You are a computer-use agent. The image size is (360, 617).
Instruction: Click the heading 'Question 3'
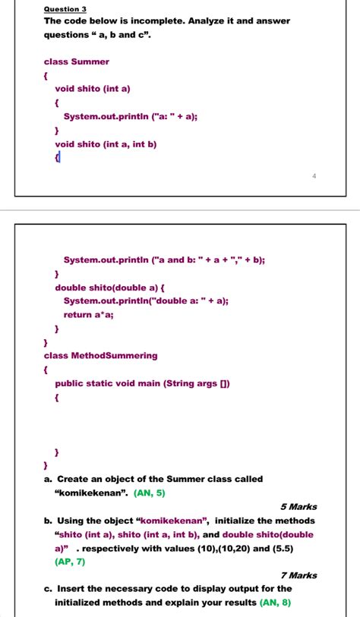pos(66,8)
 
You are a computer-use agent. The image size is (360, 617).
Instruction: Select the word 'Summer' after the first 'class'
pos(90,61)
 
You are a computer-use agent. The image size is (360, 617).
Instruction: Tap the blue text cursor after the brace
pos(59,157)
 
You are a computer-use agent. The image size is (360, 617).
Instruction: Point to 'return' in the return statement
pos(78,314)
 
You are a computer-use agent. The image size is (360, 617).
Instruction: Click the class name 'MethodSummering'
pos(115,355)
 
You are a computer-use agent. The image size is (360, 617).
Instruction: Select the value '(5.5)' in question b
pos(281,547)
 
